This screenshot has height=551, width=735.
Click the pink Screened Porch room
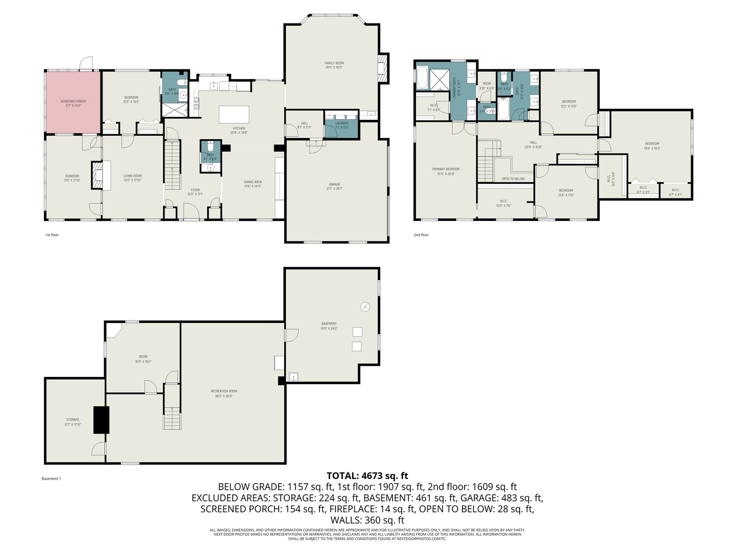click(x=73, y=102)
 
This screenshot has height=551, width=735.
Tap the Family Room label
click(x=334, y=63)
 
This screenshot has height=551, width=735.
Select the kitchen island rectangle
click(x=234, y=114)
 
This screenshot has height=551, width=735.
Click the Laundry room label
click(x=342, y=123)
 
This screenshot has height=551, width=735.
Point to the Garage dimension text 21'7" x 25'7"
click(x=334, y=189)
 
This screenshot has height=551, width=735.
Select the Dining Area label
click(x=253, y=182)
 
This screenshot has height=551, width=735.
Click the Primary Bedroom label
click(x=446, y=169)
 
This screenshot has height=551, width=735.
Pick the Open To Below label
click(x=513, y=179)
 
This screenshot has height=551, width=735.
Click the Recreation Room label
click(x=224, y=391)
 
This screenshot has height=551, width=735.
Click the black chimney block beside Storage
click(x=101, y=419)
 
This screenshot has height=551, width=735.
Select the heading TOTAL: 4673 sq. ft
click(x=367, y=476)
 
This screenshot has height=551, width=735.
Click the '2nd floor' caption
click(x=421, y=235)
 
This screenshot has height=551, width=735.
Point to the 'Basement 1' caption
click(x=51, y=479)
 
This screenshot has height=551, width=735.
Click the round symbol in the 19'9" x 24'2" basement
click(x=365, y=307)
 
